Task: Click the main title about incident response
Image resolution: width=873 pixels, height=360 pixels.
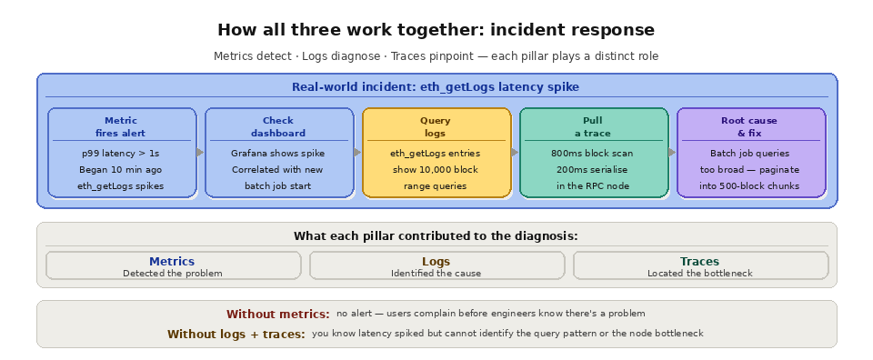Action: pyautogui.click(x=436, y=30)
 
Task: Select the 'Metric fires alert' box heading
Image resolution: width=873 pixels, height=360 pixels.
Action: pyautogui.click(x=121, y=126)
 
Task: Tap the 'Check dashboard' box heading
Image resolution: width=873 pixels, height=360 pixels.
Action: pyautogui.click(x=278, y=126)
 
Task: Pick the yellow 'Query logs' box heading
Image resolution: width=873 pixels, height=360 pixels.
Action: pyautogui.click(x=436, y=126)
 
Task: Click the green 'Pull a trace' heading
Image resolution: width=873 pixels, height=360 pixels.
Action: pyautogui.click(x=592, y=126)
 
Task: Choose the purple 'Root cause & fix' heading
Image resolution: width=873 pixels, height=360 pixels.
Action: pyautogui.click(x=750, y=126)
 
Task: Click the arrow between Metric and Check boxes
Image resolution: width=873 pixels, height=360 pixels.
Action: pyautogui.click(x=200, y=153)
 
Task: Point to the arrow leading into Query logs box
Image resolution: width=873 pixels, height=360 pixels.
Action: pyautogui.click(x=357, y=153)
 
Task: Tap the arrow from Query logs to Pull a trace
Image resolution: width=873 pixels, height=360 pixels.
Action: pyautogui.click(x=515, y=153)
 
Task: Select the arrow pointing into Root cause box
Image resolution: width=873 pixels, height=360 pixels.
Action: pyautogui.click(x=672, y=153)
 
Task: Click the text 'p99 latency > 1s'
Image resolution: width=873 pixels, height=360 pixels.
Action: pyautogui.click(x=121, y=154)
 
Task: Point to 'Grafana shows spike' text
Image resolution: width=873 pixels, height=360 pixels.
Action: pyautogui.click(x=278, y=154)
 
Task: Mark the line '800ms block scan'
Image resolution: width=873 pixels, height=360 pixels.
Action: pyautogui.click(x=592, y=154)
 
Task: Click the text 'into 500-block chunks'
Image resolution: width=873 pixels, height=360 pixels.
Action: pyautogui.click(x=750, y=186)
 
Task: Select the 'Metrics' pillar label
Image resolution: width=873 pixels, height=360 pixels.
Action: pyautogui.click(x=172, y=262)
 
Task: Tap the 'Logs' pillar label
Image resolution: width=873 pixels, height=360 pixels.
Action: pyautogui.click(x=436, y=262)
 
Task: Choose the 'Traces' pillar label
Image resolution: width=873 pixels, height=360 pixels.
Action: pyautogui.click(x=700, y=262)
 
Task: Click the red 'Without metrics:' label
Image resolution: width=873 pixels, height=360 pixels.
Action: pyautogui.click(x=278, y=315)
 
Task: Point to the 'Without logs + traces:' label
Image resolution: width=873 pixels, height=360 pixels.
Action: pyautogui.click(x=236, y=335)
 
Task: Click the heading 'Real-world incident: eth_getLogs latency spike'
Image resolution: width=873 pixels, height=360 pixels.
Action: pyautogui.click(x=436, y=87)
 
